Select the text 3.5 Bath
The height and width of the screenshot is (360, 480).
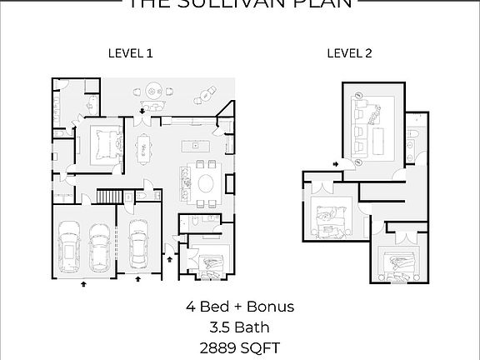click(239, 327)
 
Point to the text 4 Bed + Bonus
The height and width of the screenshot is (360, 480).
click(239, 307)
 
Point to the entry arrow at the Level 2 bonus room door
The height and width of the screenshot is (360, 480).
click(335, 164)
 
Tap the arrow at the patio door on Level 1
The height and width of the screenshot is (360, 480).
click(143, 110)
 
